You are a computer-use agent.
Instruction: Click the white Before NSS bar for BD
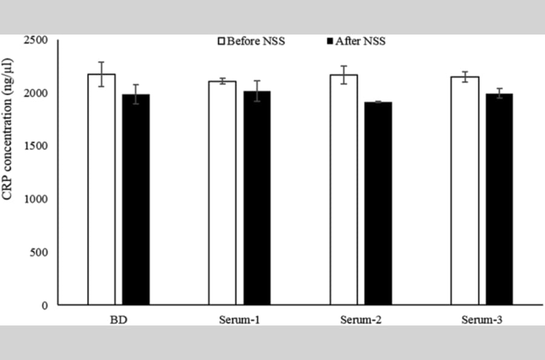(x=102, y=190)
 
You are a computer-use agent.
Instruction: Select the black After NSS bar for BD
(x=136, y=199)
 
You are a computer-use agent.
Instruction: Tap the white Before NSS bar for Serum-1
(x=222, y=193)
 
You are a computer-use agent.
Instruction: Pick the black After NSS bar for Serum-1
(x=257, y=198)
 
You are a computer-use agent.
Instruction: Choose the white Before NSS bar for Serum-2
(x=344, y=190)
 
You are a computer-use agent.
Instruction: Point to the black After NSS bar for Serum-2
(x=378, y=204)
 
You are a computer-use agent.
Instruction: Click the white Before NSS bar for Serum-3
(x=465, y=191)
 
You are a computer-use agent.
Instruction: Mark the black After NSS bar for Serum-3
(x=500, y=199)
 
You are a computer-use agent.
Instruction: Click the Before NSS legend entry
(x=251, y=41)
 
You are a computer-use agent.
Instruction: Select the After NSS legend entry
(x=356, y=41)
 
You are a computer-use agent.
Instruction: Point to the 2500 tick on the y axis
(x=36, y=40)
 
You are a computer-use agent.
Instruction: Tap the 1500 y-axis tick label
(x=36, y=145)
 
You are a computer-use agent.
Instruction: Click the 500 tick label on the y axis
(x=39, y=252)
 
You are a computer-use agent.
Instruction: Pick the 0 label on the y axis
(x=45, y=305)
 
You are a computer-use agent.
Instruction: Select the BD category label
(x=119, y=319)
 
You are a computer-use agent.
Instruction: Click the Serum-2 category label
(x=361, y=319)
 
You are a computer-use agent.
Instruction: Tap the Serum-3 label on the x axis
(x=482, y=319)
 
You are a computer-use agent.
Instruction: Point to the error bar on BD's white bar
(x=102, y=74)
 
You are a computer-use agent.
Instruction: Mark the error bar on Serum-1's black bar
(x=257, y=91)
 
